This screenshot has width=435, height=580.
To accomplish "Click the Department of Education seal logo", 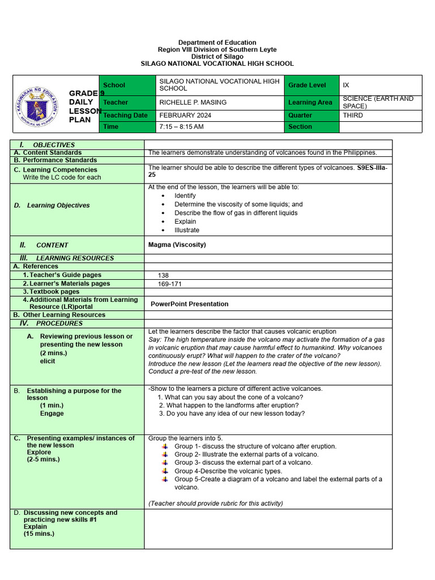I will point(39,104).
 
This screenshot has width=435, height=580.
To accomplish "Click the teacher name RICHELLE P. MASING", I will point(193,103).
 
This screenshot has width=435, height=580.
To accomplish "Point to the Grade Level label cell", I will point(307,85).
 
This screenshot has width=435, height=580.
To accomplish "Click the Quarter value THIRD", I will point(353,115).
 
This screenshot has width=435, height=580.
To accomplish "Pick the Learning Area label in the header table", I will point(310,103).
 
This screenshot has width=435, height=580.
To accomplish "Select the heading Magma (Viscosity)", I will point(177,245).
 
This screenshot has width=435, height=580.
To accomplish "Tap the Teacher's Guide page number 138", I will point(164,275).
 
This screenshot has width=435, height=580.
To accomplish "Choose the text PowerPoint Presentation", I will point(189,304).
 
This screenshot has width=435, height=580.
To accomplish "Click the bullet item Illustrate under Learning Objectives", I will point(187,231).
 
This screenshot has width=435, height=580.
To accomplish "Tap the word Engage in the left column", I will point(52,413).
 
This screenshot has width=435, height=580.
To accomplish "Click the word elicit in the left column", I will point(48,361).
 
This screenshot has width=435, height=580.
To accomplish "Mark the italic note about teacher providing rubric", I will point(215,503).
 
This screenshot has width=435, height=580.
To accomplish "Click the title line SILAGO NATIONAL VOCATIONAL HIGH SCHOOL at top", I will point(217,64).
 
